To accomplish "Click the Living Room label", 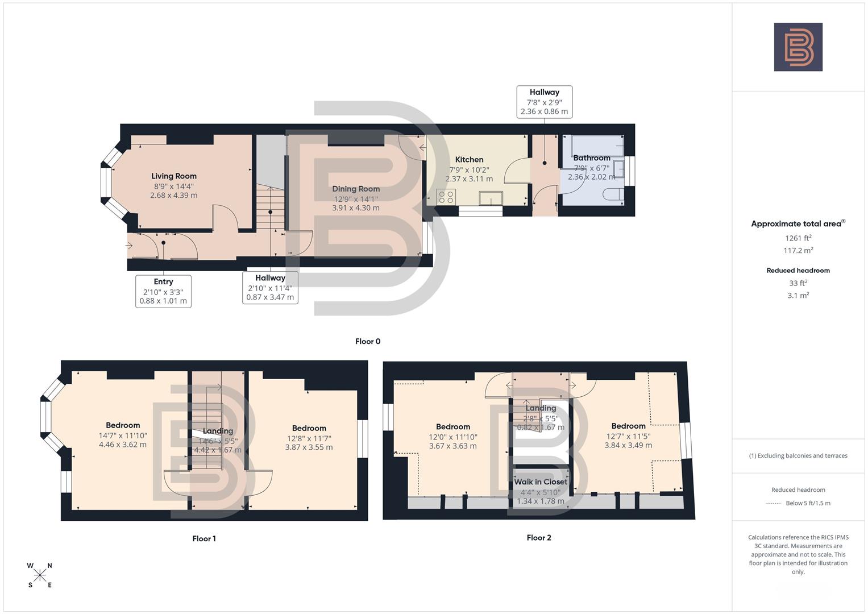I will (173, 176).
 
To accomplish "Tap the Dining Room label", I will (356, 189).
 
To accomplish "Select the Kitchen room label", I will (469, 160).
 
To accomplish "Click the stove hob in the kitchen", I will (446, 197).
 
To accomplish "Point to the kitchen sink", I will (491, 198).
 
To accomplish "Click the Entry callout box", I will (163, 291).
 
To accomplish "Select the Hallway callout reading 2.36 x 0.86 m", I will (544, 102).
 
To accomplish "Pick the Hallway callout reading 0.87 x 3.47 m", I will (270, 288).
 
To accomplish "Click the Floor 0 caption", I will (368, 342).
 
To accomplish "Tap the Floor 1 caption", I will (204, 539).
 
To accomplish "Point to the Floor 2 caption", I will (539, 538).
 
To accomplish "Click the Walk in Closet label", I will (541, 482).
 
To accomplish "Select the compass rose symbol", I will (40, 575).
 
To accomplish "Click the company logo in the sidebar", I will (798, 47).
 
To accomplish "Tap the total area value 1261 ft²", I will (798, 238).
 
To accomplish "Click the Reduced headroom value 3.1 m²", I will (798, 296).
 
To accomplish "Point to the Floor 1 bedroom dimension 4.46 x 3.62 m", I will (123, 445).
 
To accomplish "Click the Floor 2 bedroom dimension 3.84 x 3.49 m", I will (628, 445).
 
